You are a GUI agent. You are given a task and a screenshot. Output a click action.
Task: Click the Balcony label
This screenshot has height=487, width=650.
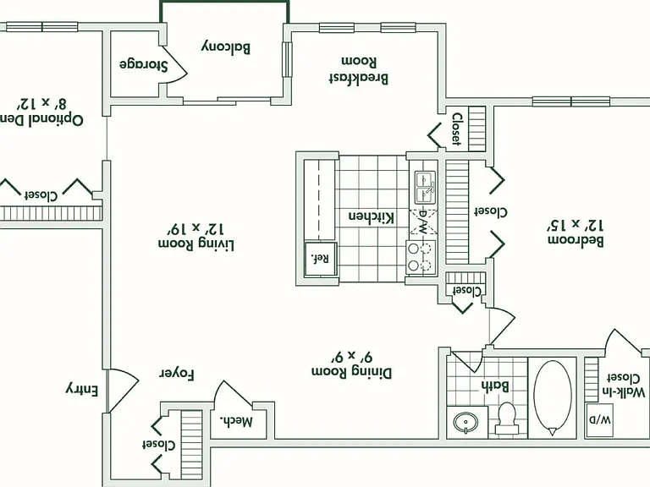tap(226, 47)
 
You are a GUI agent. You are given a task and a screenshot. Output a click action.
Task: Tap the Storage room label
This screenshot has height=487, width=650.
tap(144, 64)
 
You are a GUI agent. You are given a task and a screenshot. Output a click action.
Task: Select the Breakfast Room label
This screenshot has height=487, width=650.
tap(359, 69)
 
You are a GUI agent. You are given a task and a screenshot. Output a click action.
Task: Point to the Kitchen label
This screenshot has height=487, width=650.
tap(371, 217)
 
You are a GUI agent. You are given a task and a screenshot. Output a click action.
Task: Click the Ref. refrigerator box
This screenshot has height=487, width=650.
tap(321, 260)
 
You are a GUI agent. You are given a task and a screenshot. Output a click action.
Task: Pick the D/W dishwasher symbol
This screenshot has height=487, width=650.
tap(423, 222)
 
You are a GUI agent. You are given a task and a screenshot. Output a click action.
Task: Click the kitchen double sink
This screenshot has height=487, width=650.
tap(425, 188)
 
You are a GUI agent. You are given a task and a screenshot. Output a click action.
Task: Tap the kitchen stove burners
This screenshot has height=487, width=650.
tap(421, 257)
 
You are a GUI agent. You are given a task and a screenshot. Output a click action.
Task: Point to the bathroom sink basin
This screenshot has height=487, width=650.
tap(465, 423)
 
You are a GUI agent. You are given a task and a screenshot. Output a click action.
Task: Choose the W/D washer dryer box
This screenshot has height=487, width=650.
tap(600, 420)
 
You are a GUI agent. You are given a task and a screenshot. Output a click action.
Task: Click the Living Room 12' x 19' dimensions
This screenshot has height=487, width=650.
tap(196, 227)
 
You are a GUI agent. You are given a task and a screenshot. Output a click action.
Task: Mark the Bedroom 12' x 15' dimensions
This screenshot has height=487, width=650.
tap(576, 225)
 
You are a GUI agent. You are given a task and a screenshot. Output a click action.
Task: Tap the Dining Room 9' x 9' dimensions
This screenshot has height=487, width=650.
tap(352, 356)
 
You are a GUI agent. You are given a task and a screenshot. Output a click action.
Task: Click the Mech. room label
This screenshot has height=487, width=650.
tap(236, 421)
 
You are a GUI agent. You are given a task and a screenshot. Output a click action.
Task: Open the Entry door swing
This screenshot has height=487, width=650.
tap(122, 390)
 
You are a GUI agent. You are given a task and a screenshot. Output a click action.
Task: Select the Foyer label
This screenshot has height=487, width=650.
tap(177, 374)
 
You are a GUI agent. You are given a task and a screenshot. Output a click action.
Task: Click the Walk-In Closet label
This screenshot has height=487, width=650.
tap(626, 385)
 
